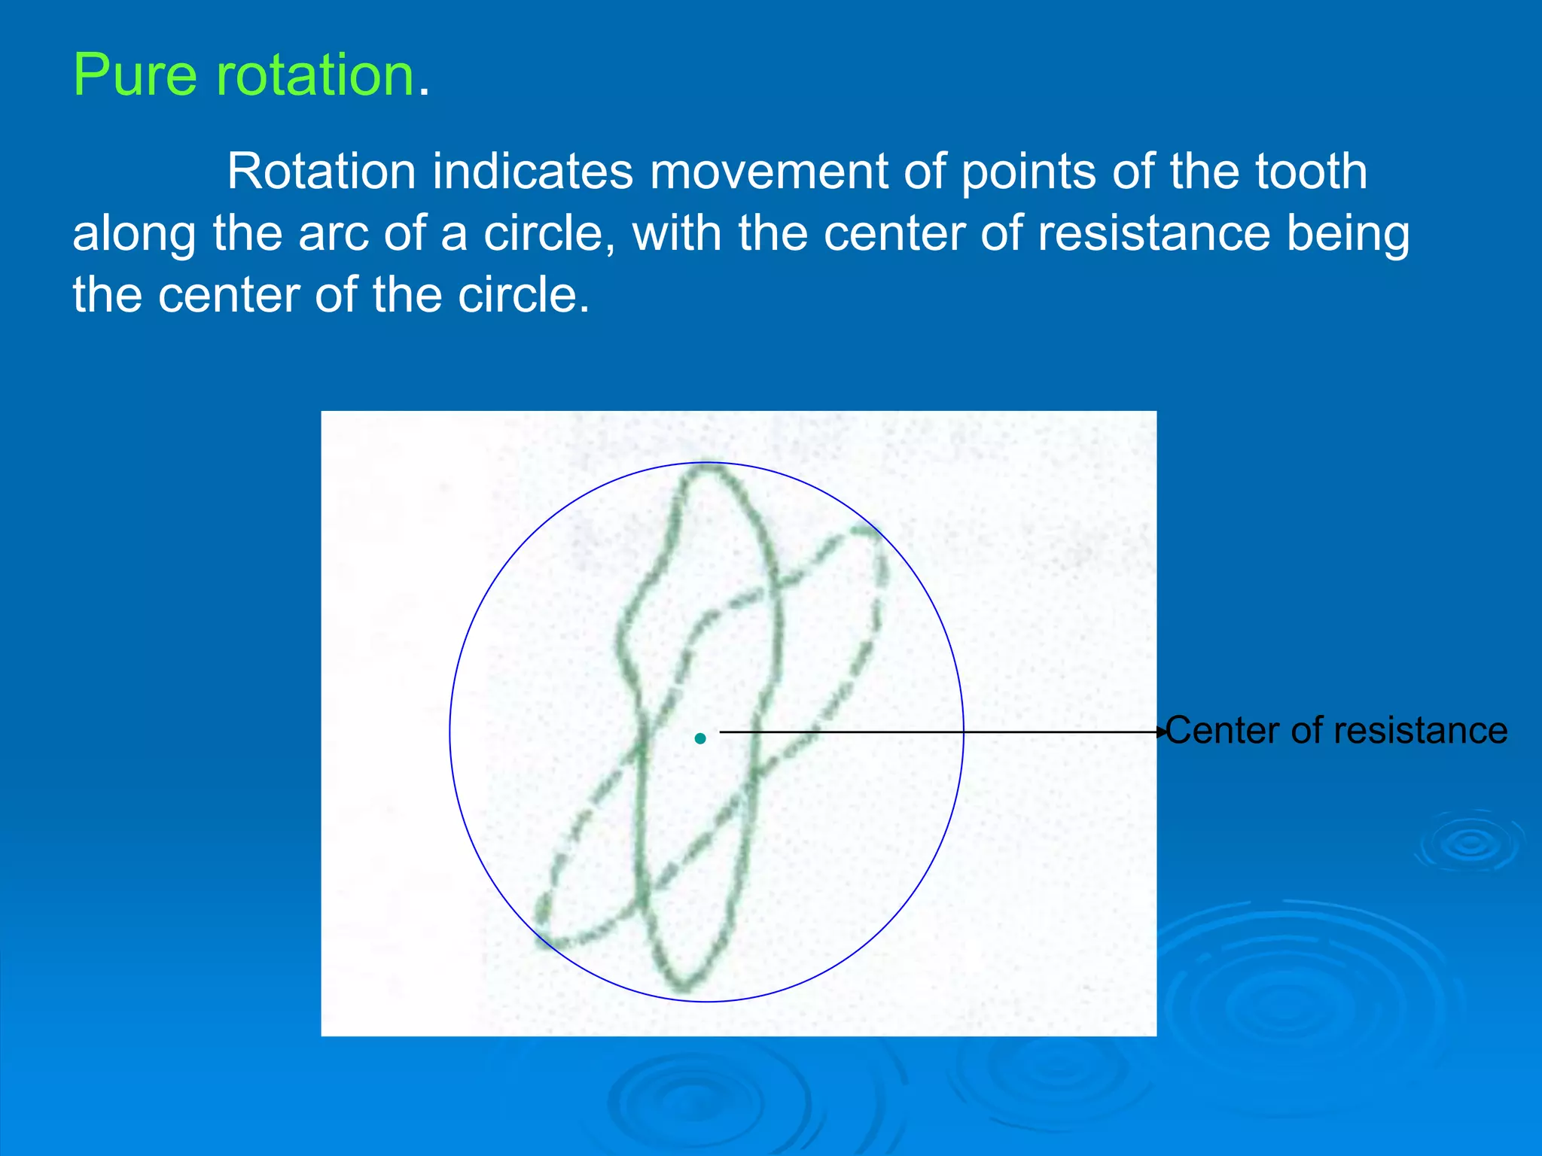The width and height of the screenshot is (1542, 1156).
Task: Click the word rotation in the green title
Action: coord(315,75)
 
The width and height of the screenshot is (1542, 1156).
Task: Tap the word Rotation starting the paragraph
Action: coord(322,172)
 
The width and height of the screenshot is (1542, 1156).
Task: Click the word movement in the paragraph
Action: coord(768,172)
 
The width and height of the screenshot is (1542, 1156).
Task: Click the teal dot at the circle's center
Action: coord(700,738)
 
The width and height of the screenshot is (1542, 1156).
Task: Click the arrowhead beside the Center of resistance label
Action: coord(1161,732)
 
